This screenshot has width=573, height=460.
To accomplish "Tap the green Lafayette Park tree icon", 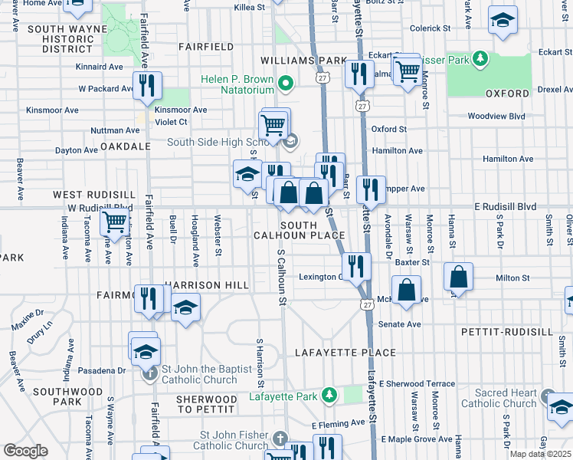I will tap(329, 395).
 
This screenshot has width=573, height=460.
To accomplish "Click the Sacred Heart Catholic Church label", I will tap(499, 398).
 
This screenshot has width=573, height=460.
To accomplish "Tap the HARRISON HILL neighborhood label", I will tap(206, 285).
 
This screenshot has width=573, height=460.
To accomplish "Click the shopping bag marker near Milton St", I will tap(458, 278).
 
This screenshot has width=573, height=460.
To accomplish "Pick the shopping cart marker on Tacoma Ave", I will tap(115, 223).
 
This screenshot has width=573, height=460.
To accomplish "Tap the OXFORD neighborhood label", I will tap(507, 94).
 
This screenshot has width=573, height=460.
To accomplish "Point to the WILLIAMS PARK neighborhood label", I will tap(303, 60).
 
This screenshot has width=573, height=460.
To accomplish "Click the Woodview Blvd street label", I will tap(496, 117).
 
